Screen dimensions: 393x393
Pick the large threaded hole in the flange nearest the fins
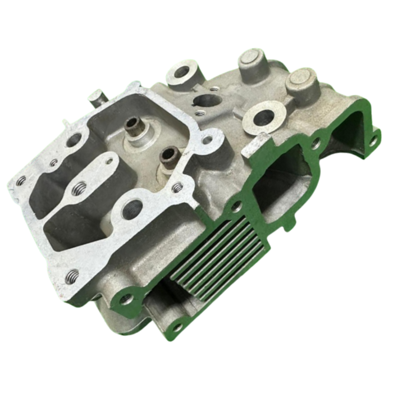click(133, 209)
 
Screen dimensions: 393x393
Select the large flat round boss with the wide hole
click(264, 117)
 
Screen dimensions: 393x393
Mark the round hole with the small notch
click(205, 101)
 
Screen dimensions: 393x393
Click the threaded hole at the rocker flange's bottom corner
click(72, 276)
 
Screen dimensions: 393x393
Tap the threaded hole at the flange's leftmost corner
click(21, 181)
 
